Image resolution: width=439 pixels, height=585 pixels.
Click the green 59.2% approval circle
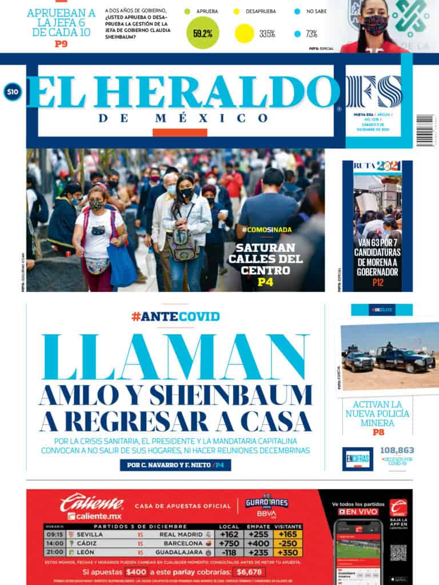tap(202, 33)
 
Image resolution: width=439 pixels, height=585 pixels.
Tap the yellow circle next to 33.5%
tap(244, 34)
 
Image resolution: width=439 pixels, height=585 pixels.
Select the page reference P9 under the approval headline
tap(61, 43)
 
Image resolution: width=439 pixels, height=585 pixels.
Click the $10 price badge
tap(12, 92)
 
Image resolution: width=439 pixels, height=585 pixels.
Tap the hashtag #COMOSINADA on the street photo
tap(267, 230)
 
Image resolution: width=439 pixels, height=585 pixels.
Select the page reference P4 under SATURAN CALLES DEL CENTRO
tap(266, 282)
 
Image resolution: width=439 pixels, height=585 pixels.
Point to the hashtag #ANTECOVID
tap(175, 316)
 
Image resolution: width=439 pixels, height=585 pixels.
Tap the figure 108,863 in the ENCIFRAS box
tap(397, 450)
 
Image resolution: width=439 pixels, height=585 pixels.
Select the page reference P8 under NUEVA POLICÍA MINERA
tap(378, 432)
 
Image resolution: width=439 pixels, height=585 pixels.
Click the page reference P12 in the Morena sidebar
tap(378, 282)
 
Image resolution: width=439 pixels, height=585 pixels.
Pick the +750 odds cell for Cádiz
tap(229, 543)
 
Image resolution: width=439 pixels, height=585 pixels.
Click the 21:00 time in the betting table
tap(54, 552)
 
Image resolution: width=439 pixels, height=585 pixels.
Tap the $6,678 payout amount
tap(248, 571)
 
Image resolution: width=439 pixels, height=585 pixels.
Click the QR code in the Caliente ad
tap(398, 552)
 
